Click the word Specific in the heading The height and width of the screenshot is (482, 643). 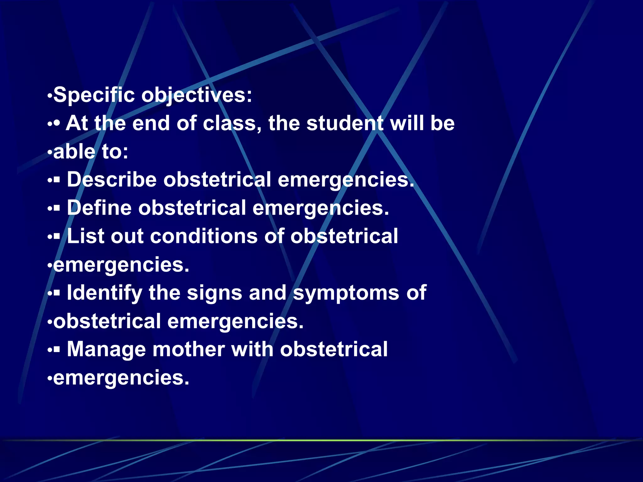94,95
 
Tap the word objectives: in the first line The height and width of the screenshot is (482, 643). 197,95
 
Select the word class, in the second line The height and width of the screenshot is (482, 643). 232,123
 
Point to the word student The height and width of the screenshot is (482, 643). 345,123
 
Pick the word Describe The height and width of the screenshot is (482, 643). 112,180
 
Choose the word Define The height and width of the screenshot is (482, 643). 99,208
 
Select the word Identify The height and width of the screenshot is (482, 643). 105,293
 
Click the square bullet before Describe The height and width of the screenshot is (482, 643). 57,180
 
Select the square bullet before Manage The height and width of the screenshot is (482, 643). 57,350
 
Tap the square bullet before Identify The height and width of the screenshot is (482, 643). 57,293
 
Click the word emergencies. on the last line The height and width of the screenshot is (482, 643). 121,378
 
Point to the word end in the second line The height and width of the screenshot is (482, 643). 151,123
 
